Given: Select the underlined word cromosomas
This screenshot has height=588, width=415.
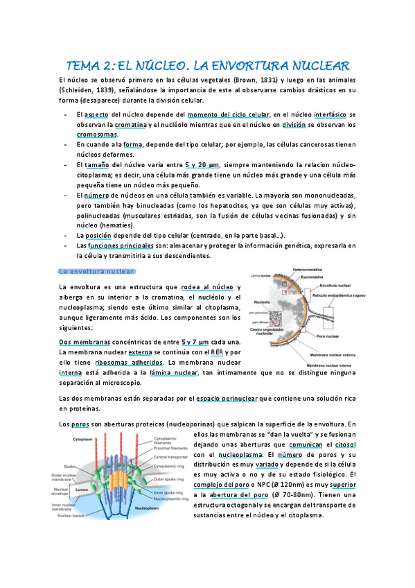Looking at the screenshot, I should pyautogui.click(x=97, y=135).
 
